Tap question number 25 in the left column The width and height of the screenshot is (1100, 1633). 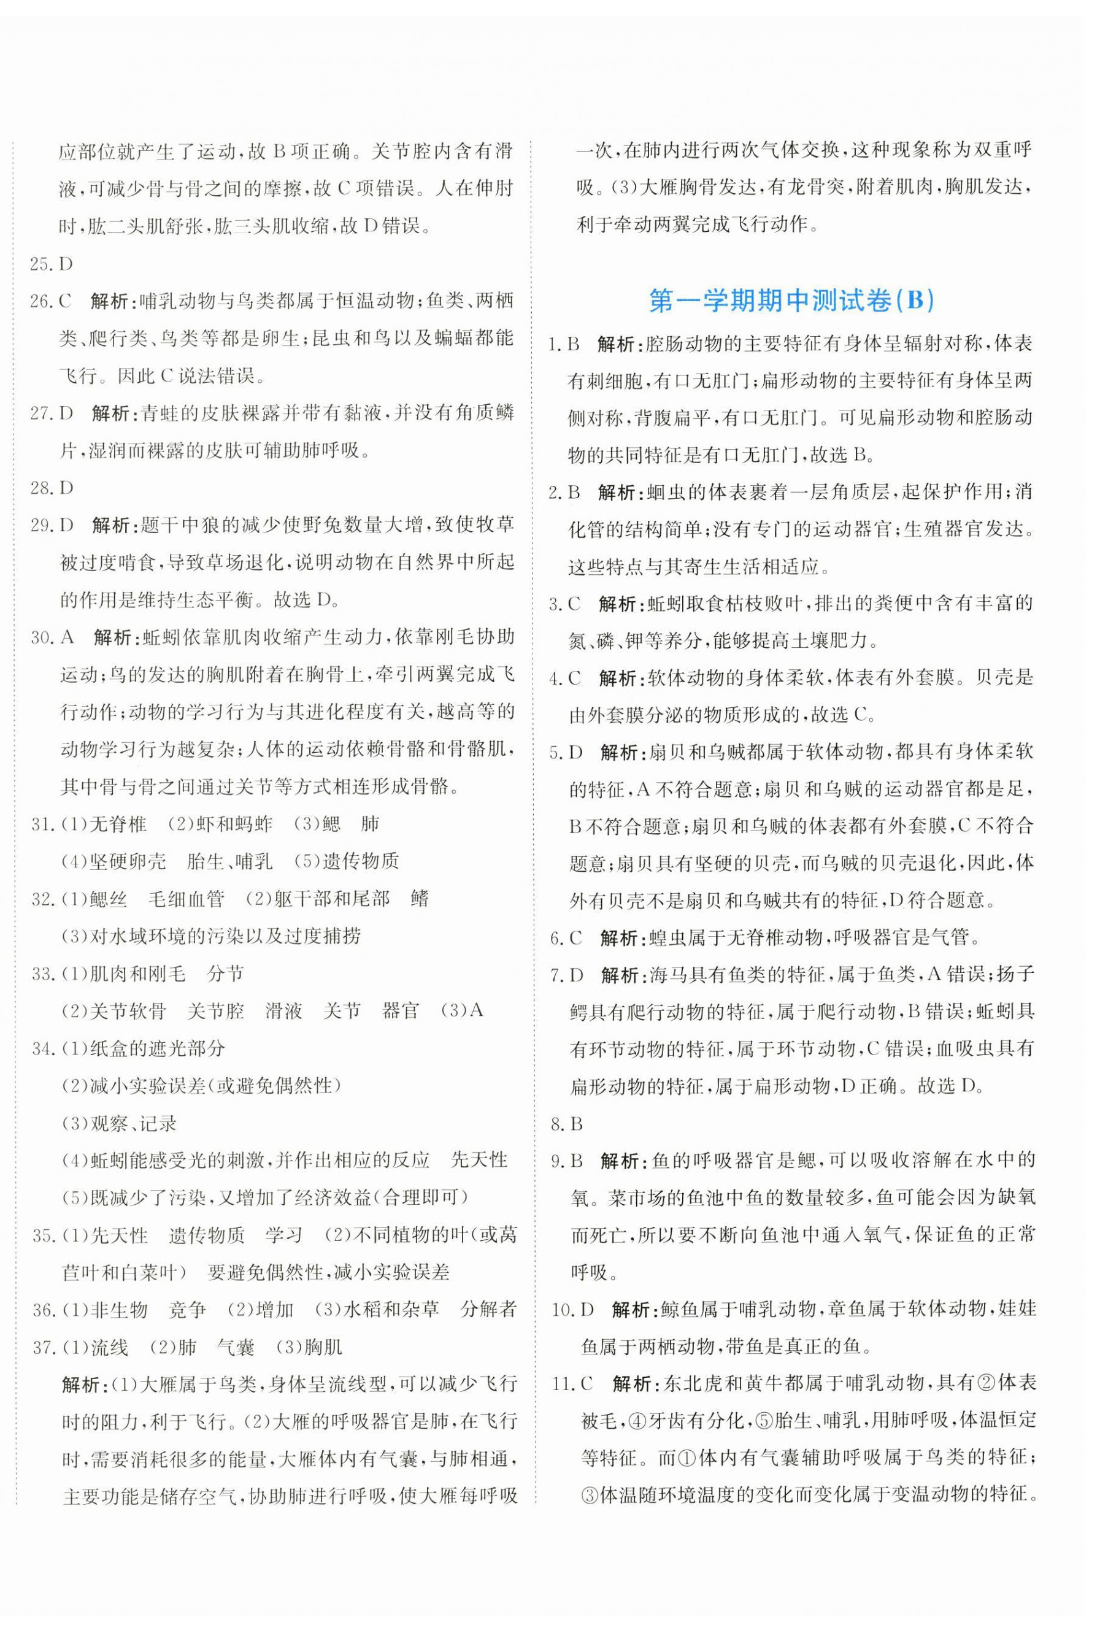(41, 264)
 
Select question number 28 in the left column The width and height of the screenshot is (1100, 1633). (41, 488)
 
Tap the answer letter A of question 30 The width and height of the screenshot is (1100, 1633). (67, 637)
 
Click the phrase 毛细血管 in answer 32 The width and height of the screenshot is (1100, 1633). (187, 899)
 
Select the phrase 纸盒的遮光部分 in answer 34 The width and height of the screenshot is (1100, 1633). (158, 1048)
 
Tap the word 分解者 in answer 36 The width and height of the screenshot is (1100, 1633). (488, 1309)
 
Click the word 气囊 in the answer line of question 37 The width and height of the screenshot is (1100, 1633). (235, 1347)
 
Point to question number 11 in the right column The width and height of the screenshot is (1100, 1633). (561, 1383)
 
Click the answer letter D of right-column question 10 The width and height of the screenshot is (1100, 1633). (587, 1309)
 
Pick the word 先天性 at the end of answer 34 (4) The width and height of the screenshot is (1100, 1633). (479, 1160)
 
